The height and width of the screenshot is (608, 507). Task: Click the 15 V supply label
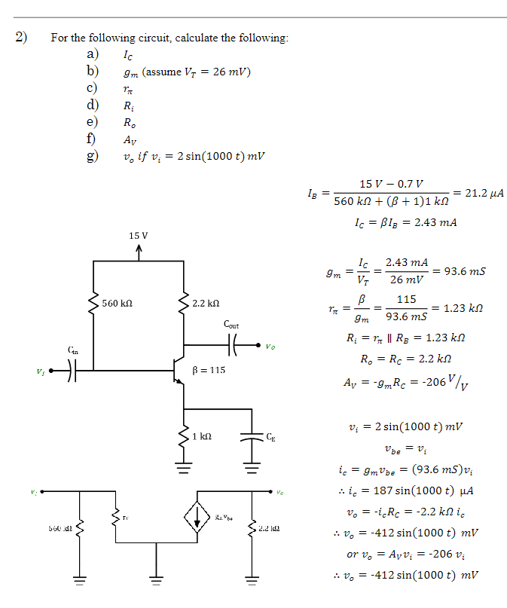pyautogui.click(x=138, y=236)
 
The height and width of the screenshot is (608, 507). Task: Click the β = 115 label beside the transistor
pyautogui.click(x=209, y=370)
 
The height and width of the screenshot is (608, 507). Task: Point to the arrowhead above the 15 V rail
pyautogui.click(x=139, y=249)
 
